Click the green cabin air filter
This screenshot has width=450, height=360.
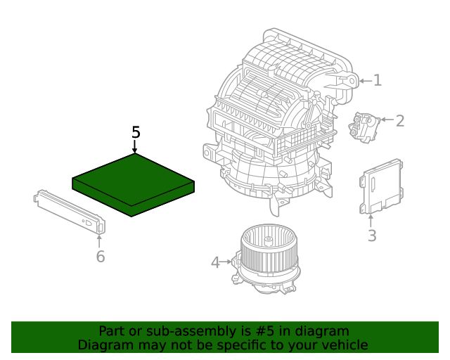(x=133, y=184)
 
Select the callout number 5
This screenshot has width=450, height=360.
(x=136, y=132)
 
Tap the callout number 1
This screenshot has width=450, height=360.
(x=378, y=80)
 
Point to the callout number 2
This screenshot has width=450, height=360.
(x=400, y=121)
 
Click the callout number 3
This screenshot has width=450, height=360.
(x=372, y=236)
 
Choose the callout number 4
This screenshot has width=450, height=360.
(x=215, y=262)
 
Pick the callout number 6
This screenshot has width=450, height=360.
(x=101, y=257)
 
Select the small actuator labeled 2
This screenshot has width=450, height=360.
(x=364, y=127)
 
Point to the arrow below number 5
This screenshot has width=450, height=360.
(x=135, y=146)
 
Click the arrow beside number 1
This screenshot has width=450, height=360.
(x=364, y=81)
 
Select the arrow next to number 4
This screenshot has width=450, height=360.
(x=227, y=262)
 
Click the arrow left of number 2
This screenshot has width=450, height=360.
(x=386, y=121)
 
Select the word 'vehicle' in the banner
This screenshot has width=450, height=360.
(x=342, y=345)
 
